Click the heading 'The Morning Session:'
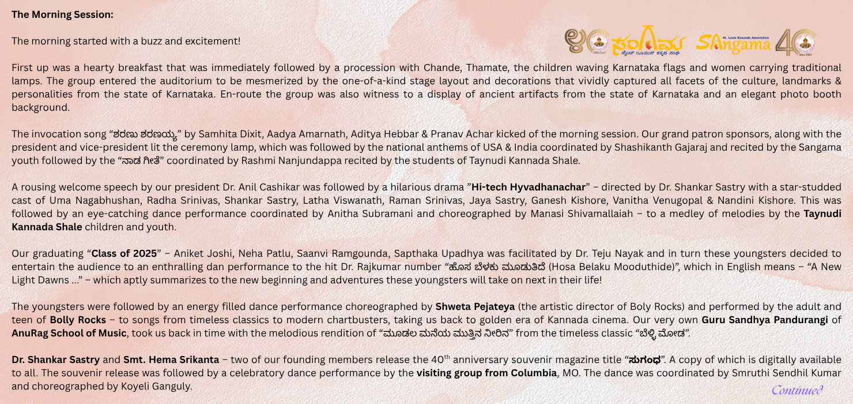click(62, 15)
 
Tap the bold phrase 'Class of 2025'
click(123, 253)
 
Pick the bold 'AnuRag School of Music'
click(69, 333)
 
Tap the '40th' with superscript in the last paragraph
click(441, 359)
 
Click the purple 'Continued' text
click(797, 390)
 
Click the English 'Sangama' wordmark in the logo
click(733, 43)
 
